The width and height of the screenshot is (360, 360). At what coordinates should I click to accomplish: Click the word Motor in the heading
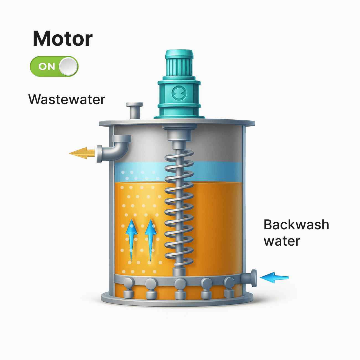click(63, 39)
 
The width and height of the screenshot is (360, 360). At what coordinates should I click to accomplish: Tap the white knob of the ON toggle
click(68, 66)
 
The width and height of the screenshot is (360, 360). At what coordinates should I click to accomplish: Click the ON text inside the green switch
click(47, 66)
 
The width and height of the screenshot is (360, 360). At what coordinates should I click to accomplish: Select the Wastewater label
click(67, 99)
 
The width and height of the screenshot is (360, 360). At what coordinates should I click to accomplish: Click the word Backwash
click(296, 225)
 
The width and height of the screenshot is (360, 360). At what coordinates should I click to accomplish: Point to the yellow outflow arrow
click(82, 153)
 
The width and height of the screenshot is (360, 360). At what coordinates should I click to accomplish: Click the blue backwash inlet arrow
click(274, 277)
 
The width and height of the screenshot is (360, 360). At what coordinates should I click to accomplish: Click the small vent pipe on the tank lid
click(135, 110)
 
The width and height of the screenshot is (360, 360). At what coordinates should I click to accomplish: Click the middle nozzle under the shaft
click(180, 288)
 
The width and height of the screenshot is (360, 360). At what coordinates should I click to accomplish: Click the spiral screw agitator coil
click(179, 210)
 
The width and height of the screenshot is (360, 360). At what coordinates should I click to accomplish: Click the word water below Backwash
click(282, 241)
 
